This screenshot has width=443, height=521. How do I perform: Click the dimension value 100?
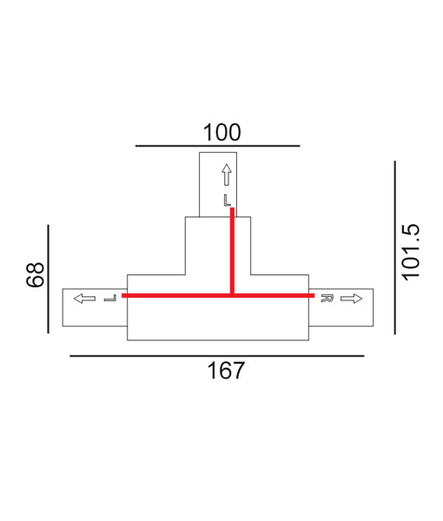(x=221, y=132)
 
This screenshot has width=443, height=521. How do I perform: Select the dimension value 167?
(x=226, y=371)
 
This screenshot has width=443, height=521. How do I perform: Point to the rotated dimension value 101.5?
(x=411, y=252)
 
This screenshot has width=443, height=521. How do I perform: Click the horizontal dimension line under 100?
(x=217, y=146)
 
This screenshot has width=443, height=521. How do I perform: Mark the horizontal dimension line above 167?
(x=216, y=355)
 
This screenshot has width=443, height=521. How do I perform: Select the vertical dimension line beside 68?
(x=49, y=278)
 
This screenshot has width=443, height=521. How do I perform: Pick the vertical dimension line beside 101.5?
(x=394, y=247)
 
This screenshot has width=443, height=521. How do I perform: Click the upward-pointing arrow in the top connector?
(x=227, y=175)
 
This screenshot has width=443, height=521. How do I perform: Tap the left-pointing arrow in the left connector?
(x=84, y=299)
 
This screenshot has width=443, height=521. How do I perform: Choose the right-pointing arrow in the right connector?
(x=351, y=299)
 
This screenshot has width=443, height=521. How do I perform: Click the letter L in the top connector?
(x=227, y=200)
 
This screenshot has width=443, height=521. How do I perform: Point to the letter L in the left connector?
(x=109, y=299)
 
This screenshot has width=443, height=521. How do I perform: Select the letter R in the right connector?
(x=327, y=299)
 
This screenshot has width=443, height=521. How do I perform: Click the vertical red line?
(x=232, y=252)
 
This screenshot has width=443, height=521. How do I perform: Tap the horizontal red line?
(x=174, y=295)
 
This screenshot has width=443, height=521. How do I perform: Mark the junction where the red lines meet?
(x=232, y=295)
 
